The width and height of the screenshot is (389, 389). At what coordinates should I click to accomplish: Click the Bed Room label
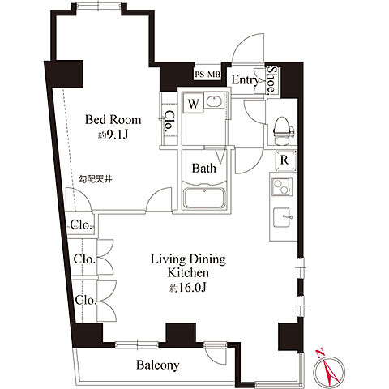pos(113,120)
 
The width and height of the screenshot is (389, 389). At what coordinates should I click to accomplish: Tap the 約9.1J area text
pos(113,135)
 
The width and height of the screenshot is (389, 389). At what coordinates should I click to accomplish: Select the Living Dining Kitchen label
pos(188,266)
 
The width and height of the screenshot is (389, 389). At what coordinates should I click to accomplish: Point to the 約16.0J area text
pos(188,288)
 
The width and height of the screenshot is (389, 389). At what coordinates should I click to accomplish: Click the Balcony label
pos(158,365)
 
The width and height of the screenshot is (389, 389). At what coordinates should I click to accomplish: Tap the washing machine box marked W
pos(193,103)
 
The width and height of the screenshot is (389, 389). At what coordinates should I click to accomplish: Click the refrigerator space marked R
pos(285,160)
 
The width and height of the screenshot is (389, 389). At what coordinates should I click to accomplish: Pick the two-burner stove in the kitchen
pos(282,187)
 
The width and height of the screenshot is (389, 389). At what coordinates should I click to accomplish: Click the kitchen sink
pos(282,217)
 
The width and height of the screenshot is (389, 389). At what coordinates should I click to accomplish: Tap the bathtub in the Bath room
pos(204,198)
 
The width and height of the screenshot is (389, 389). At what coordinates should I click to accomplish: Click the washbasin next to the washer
pos(215,100)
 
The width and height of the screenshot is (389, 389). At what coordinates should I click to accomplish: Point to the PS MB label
pos(207,75)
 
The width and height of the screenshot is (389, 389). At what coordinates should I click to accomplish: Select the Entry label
pos(245,80)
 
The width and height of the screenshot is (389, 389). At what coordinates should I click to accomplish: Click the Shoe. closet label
pos(271,80)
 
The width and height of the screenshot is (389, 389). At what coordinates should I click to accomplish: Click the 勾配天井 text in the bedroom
pos(95,179)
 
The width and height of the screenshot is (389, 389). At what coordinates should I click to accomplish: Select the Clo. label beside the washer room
pos(169,121)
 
